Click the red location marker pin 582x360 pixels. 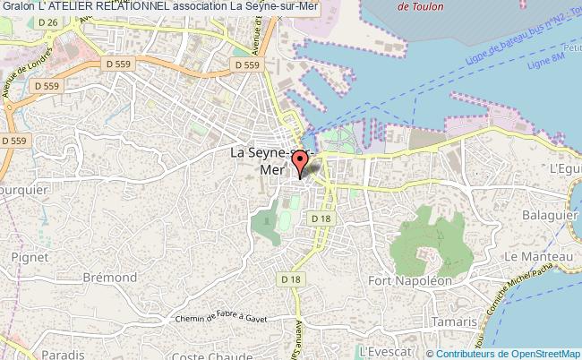tap(300, 162)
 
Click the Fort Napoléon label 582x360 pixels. tap(408, 280)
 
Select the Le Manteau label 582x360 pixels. tap(534, 256)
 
